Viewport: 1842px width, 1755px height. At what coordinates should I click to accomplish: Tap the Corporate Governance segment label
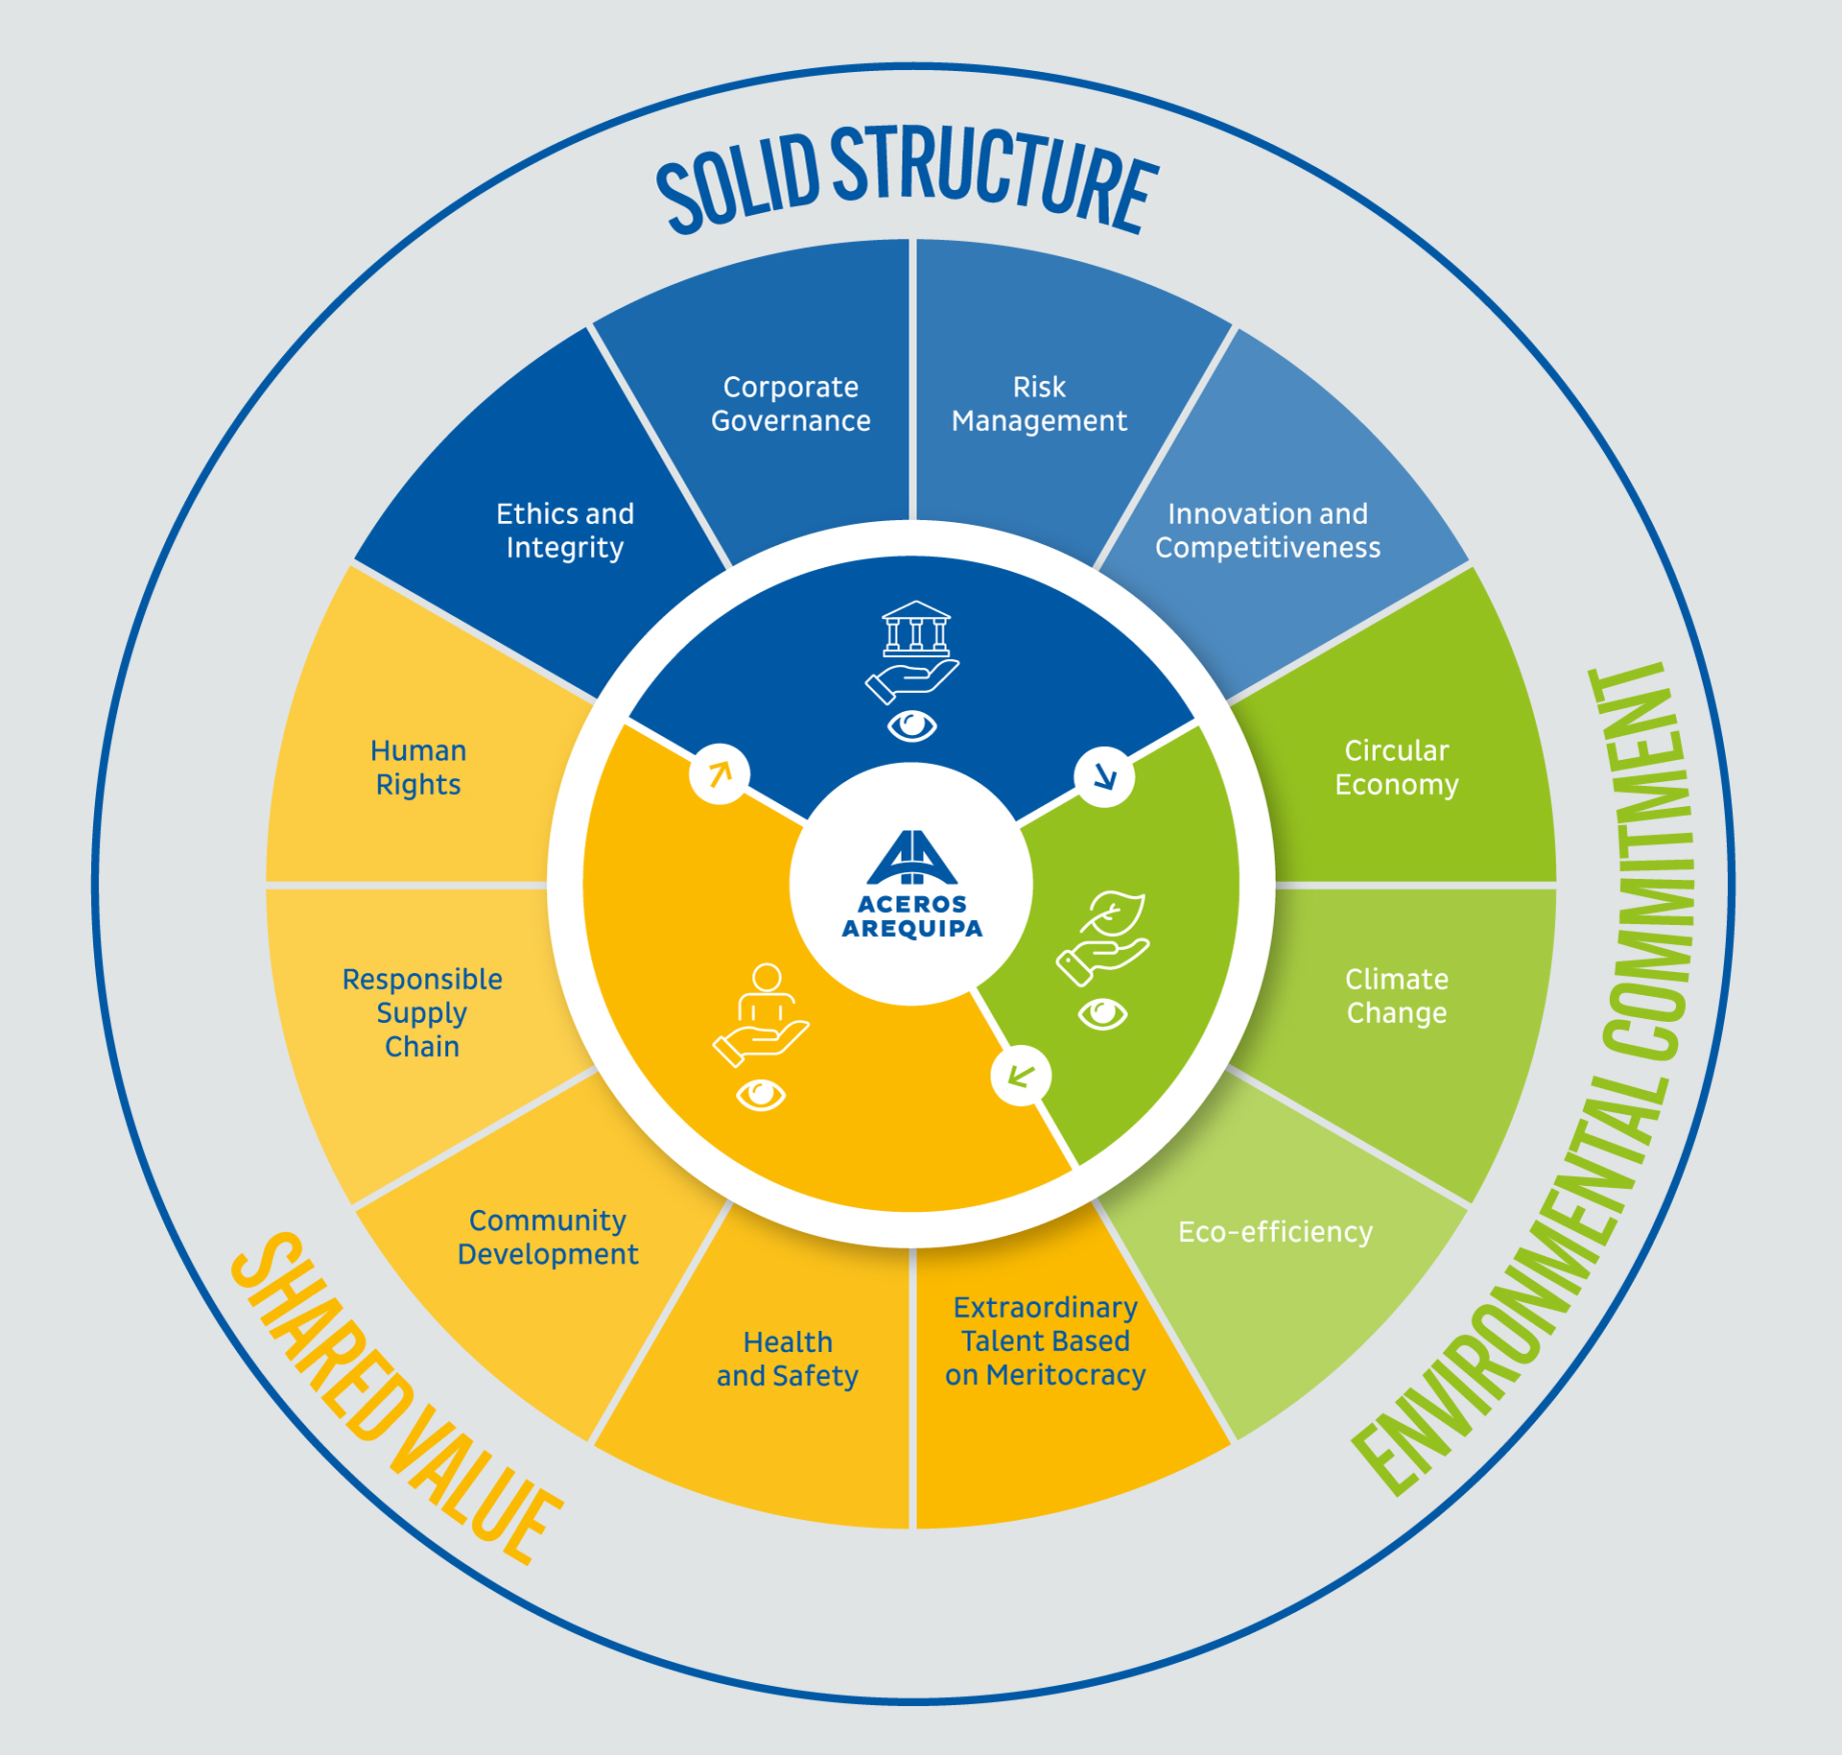click(x=791, y=404)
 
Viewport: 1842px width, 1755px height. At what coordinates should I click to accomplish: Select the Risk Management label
click(x=1039, y=404)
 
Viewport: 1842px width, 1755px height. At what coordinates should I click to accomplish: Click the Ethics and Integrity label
click(x=564, y=531)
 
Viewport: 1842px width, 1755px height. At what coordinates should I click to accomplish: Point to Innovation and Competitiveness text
click(x=1267, y=531)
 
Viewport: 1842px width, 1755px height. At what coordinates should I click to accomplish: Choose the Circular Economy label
click(x=1396, y=768)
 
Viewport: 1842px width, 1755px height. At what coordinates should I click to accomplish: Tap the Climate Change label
click(x=1396, y=996)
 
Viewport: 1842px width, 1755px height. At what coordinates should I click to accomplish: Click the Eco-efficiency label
click(x=1275, y=1232)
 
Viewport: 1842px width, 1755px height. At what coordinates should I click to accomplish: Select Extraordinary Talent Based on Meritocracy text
click(x=1045, y=1341)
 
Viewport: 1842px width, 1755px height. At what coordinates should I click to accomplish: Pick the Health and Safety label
click(x=787, y=1359)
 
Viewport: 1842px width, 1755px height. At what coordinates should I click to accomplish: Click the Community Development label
click(x=547, y=1238)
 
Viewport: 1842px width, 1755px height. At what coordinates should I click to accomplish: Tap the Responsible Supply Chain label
click(x=422, y=1013)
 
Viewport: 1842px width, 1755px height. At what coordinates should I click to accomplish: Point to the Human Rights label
click(x=418, y=768)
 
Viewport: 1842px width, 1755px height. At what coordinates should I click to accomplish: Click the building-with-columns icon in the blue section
click(x=916, y=628)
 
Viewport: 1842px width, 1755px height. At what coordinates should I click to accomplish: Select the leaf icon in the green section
click(x=1115, y=912)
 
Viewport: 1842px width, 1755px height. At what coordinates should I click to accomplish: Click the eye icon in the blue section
click(x=911, y=726)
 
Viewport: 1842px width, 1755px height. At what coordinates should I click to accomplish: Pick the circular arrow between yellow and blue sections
click(x=720, y=773)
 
